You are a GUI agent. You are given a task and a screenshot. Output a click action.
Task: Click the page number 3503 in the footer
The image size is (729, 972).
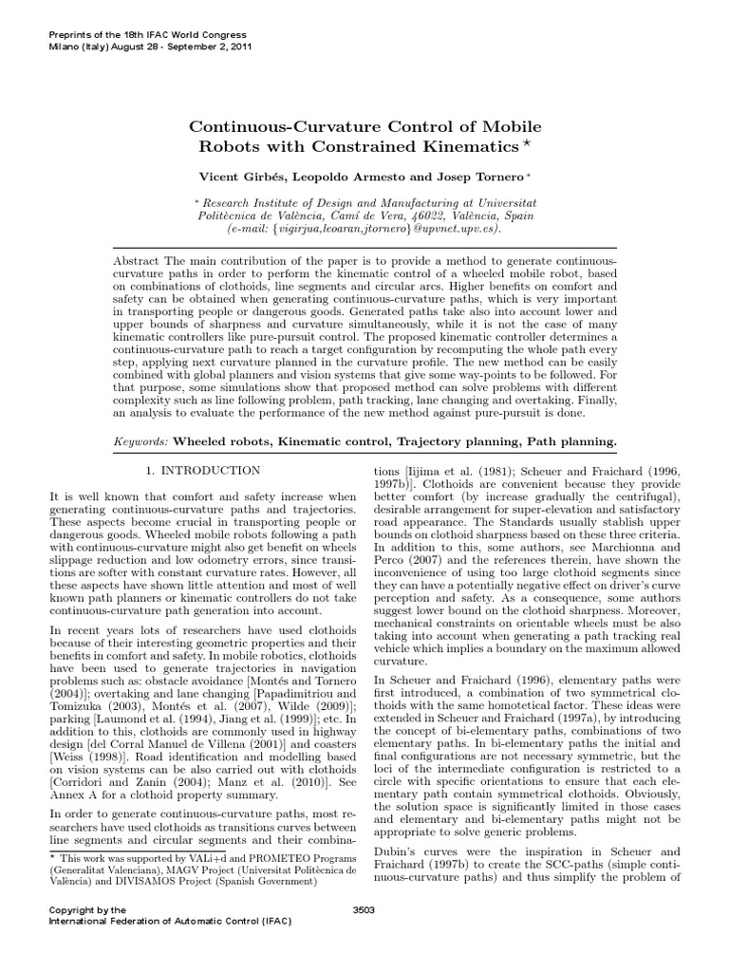[364, 909]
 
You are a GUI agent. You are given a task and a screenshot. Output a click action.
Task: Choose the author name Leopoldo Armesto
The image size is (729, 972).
[355, 177]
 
